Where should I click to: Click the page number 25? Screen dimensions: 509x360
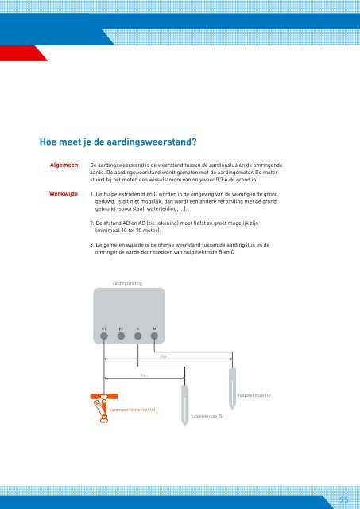point(344,500)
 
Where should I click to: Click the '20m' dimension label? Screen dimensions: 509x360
point(163,358)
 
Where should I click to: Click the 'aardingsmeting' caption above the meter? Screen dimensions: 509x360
point(128,282)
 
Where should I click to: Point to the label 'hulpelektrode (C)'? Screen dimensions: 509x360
point(254,395)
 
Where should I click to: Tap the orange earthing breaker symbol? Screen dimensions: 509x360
point(100,405)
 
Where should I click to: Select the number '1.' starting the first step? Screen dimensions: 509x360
point(94,192)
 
